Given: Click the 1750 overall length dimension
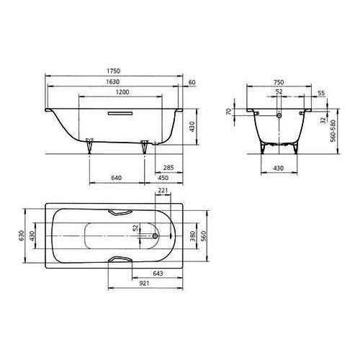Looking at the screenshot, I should [114, 72].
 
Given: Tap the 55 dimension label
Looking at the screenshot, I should [321, 94].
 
